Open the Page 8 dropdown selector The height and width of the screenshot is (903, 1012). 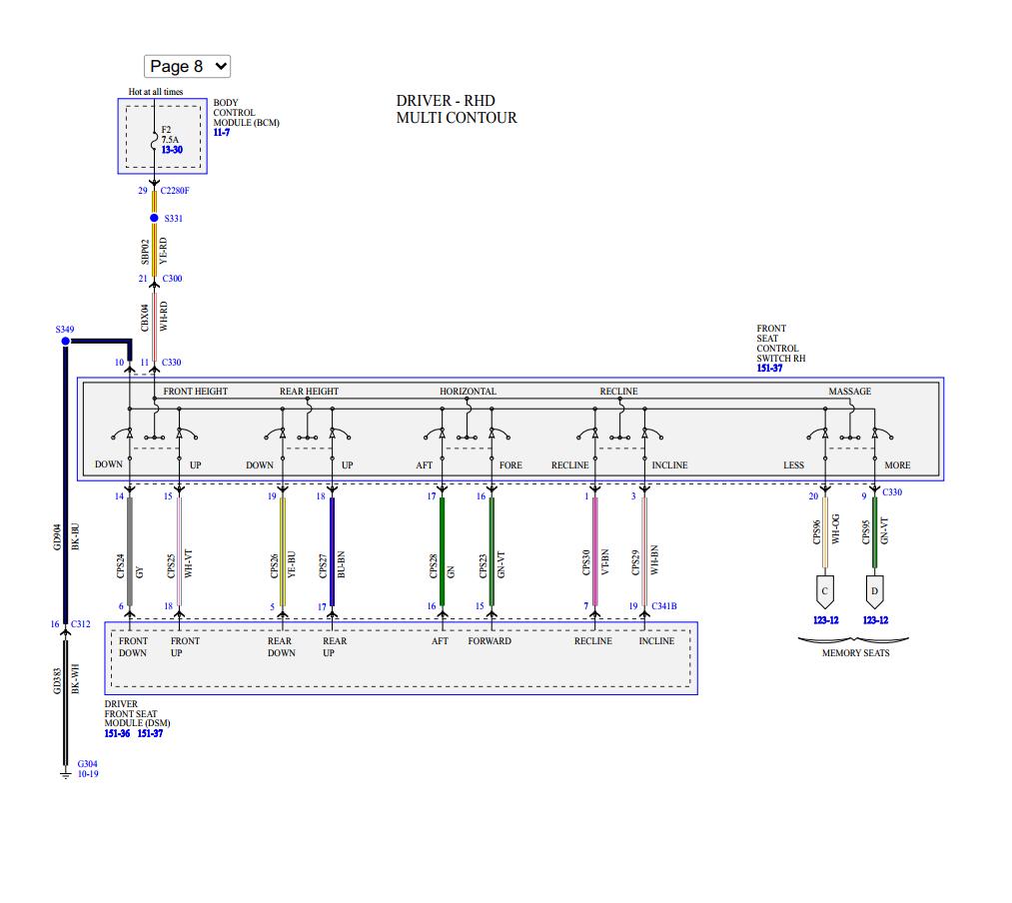click(187, 66)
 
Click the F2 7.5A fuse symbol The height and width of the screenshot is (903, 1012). click(154, 142)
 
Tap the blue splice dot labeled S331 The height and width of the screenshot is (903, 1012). click(154, 218)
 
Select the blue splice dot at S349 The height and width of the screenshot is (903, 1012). click(66, 341)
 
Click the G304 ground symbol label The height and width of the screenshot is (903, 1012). click(87, 763)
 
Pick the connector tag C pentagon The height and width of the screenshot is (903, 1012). click(824, 590)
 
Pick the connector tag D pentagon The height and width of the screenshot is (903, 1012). click(874, 590)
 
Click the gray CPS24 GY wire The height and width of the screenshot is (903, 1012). click(130, 550)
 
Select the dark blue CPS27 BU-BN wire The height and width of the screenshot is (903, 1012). click(332, 550)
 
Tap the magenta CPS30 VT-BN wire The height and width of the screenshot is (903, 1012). click(595, 550)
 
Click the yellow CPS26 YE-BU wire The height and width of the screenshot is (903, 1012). click(283, 550)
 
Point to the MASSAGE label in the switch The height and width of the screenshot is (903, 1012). click(849, 392)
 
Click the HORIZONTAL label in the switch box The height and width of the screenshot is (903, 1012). click(468, 392)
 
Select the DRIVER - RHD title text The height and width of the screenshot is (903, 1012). click(445, 101)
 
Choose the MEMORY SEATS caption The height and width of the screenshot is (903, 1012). click(855, 653)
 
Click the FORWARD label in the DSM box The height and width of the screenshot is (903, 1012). click(490, 641)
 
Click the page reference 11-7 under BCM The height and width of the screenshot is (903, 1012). click(221, 133)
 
